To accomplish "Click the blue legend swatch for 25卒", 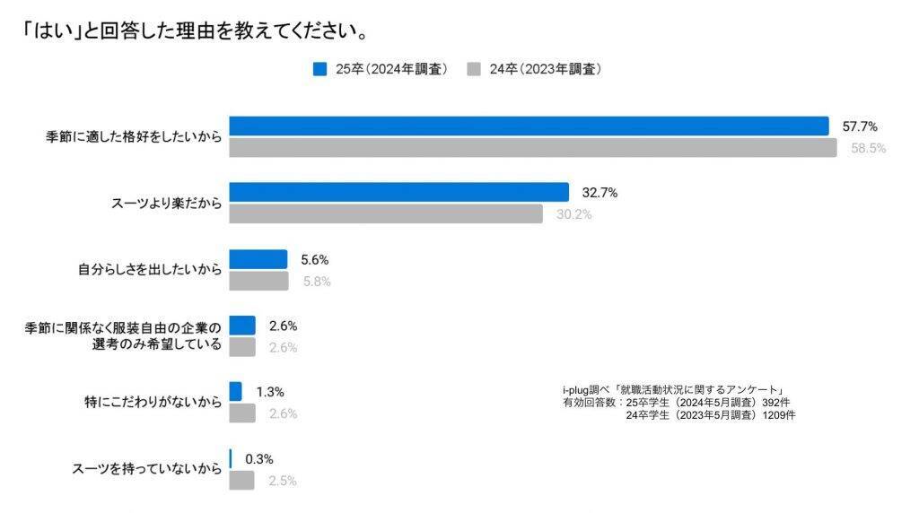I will pos(319,69).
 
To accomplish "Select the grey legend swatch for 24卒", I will pos(475,69).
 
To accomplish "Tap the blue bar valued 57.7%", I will pos(529,126).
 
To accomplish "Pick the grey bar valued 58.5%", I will pos(532,148).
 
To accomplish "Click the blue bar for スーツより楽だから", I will pos(398,193).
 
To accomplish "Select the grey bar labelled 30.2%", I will pos(386,213).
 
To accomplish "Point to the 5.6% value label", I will pos(315,260).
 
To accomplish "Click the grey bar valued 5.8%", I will pos(258,281).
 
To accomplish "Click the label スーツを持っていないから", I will pos(145,469).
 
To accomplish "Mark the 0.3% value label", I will pos(258,459).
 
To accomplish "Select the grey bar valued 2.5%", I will pos(241,481).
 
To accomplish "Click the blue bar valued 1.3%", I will pos(235,392).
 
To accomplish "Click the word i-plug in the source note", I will pos(576,389).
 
